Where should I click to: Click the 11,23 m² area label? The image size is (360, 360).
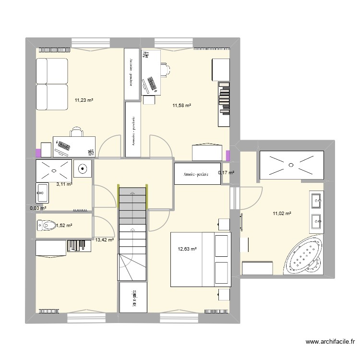[x=84, y=100]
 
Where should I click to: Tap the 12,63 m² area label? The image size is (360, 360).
[x=187, y=249]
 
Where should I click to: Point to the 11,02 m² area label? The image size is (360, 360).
[x=283, y=214]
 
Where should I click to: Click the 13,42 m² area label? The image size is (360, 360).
[x=104, y=240]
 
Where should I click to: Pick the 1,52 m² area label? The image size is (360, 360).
[x=63, y=225]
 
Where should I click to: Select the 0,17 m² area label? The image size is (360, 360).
[x=226, y=172]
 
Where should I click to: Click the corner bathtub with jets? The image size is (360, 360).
[x=304, y=258]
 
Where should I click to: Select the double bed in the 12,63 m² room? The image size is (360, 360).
[x=201, y=260]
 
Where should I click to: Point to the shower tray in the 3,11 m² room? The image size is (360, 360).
[x=53, y=169]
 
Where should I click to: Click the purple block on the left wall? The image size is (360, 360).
[x=38, y=153]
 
